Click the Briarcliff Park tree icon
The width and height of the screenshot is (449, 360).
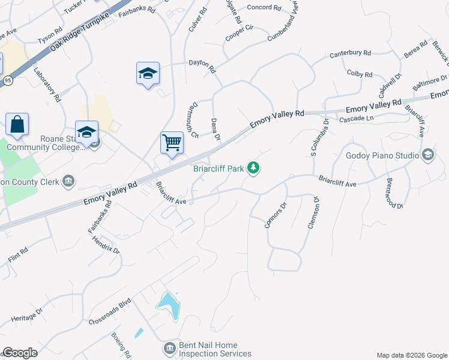coord(254,169)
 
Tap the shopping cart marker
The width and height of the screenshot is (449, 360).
coord(172,143)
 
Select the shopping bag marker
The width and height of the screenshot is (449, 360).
coord(17,125)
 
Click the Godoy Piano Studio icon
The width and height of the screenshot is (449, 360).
coord(428,155)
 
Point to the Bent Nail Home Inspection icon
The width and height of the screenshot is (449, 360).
coord(169,349)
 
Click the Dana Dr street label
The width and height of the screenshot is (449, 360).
coord(215,130)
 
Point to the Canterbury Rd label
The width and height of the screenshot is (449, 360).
coord(350,54)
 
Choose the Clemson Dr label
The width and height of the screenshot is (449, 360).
coord(312,213)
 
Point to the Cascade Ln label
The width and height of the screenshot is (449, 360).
coord(357,120)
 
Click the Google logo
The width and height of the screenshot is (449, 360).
coord(20,353)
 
